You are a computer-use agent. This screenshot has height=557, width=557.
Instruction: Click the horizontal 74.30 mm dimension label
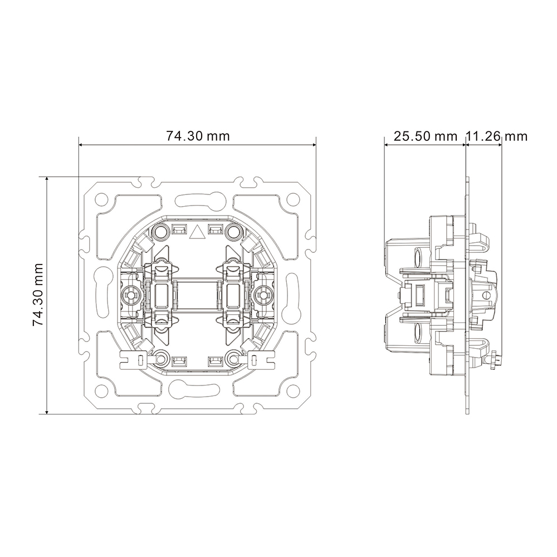pos(198,136)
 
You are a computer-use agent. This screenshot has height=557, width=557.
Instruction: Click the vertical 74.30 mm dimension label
pos(38,295)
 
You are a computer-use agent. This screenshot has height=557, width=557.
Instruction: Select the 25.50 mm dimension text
pos(425,136)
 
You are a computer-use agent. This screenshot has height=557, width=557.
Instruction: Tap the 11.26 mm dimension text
pos(497,136)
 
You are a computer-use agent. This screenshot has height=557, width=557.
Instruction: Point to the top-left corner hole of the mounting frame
pos(101,198)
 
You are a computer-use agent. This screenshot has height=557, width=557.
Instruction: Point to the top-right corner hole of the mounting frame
pos(293,198)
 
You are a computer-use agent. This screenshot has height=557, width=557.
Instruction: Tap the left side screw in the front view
pos(130,295)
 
